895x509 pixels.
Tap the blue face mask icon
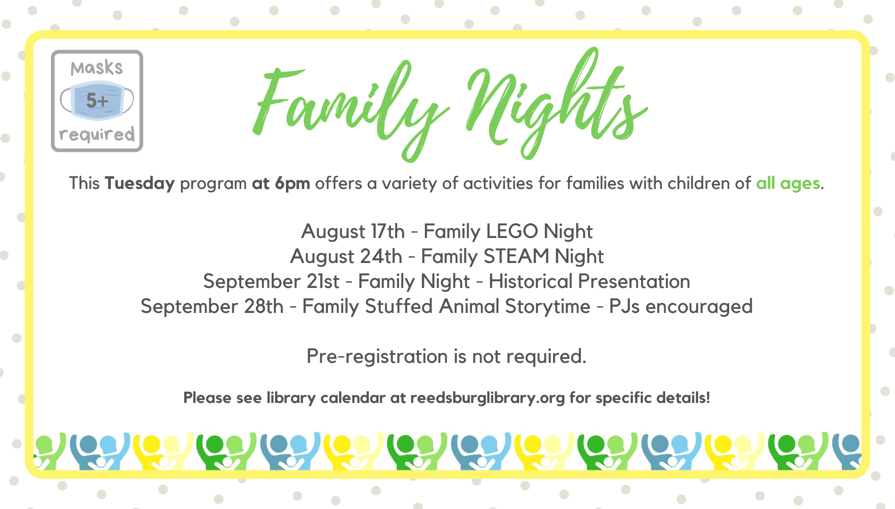click(x=97, y=100)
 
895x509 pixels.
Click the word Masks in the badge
click(x=97, y=68)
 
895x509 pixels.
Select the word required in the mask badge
click(x=97, y=135)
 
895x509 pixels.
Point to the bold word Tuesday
click(x=140, y=183)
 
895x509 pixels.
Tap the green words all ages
click(x=788, y=183)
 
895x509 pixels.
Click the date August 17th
click(x=353, y=231)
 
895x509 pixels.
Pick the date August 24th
click(x=346, y=256)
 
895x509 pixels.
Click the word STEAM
click(x=517, y=256)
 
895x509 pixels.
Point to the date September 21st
click(x=271, y=281)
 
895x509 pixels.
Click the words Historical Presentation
click(x=589, y=281)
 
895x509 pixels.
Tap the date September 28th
click(x=212, y=306)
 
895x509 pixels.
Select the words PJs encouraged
click(x=681, y=306)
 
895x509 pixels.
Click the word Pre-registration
click(x=377, y=356)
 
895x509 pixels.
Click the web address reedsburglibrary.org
click(x=488, y=398)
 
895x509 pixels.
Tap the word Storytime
click(x=548, y=306)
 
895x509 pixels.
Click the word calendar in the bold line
click(x=353, y=398)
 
